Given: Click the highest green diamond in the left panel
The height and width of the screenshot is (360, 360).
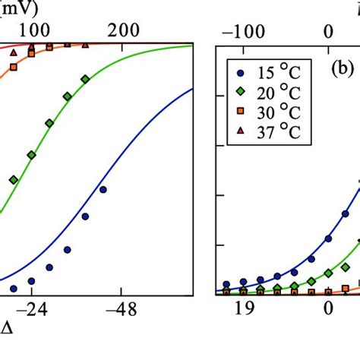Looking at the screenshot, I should [x=85, y=79].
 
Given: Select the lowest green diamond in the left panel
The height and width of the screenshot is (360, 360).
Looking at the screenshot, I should [x=14, y=180].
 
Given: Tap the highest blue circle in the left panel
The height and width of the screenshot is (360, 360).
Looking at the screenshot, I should [x=103, y=190].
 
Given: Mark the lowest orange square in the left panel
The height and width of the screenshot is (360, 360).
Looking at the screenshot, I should [x=13, y=69].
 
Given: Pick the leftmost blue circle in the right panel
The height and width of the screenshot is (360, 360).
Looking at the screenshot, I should [x=226, y=285].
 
